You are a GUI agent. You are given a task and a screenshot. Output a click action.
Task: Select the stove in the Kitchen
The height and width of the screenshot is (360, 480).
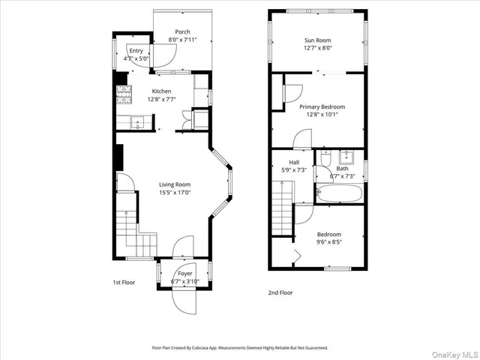122,94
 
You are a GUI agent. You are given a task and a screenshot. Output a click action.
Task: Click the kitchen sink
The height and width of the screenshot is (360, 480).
138,121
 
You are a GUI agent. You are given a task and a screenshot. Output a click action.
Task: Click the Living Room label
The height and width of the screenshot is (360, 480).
174,184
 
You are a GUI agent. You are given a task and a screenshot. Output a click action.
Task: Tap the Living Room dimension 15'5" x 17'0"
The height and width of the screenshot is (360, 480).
174,193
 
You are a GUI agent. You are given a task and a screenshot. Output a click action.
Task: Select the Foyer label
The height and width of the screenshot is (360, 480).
184,274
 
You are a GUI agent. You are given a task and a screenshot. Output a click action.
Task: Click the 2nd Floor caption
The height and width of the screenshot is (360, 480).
280,292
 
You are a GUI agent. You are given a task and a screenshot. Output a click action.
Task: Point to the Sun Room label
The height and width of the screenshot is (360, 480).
317,40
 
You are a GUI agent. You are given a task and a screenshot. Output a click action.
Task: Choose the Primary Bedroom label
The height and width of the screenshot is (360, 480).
322,107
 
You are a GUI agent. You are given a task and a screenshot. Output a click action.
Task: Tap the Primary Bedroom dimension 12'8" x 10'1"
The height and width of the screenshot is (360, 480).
322,115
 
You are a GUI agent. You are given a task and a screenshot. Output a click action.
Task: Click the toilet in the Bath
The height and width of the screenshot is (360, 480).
325,158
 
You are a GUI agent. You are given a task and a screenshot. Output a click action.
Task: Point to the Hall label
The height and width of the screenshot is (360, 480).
295,162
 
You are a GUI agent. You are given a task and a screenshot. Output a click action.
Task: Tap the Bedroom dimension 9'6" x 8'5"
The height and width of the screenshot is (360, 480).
328,242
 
